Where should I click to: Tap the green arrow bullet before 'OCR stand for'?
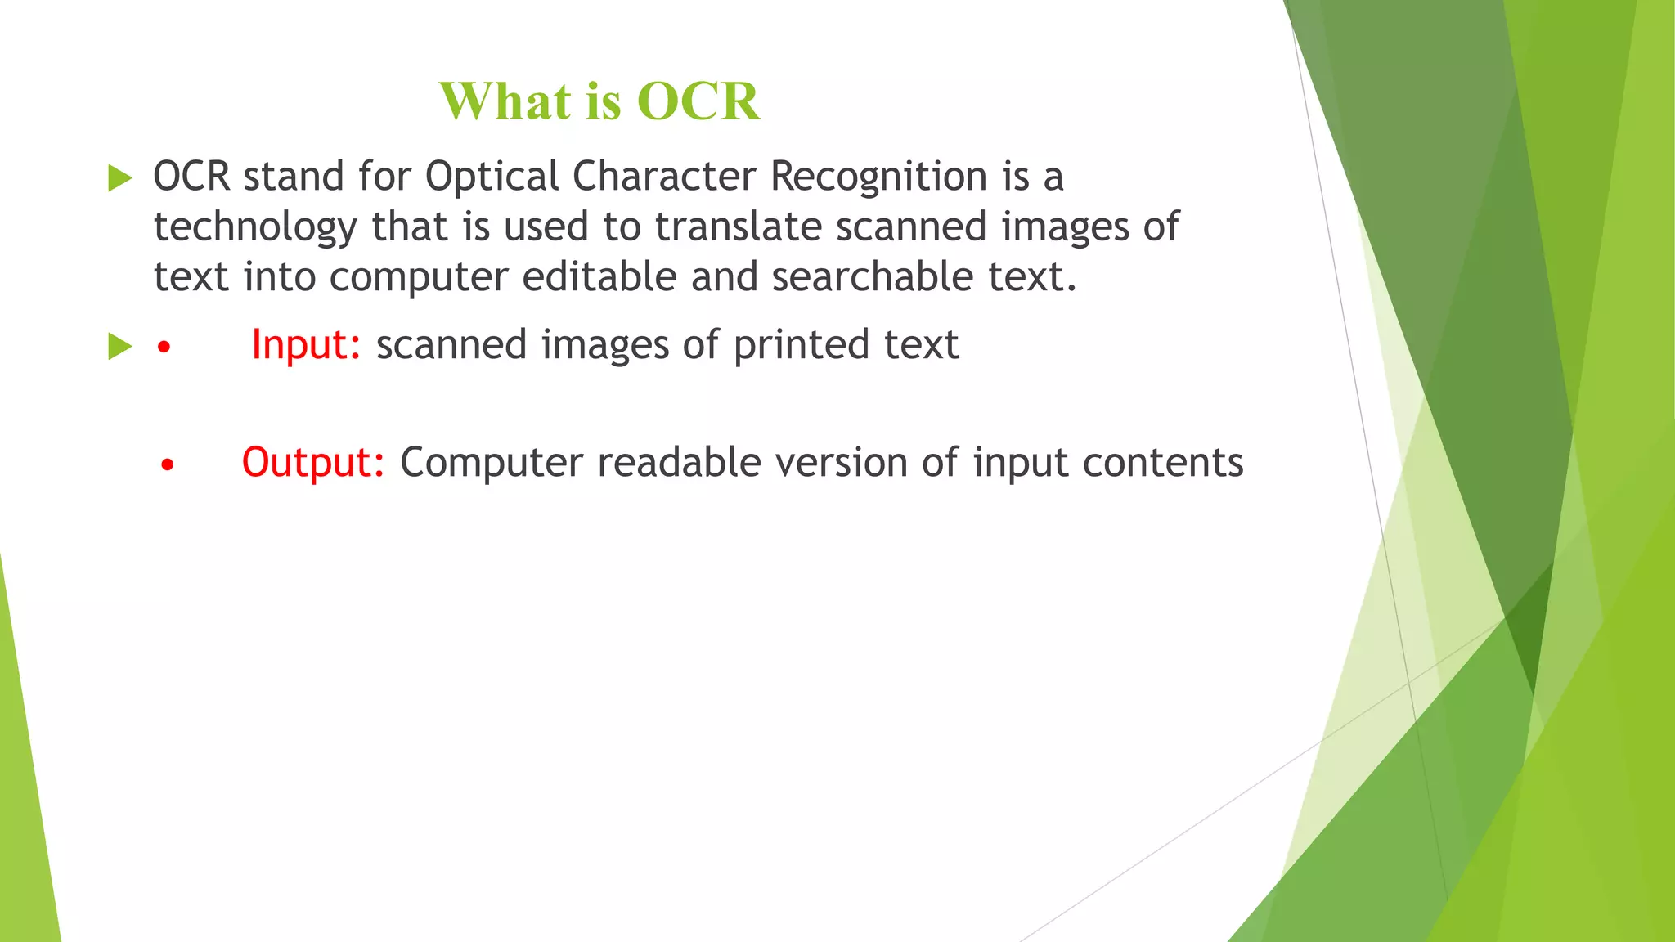[119, 177]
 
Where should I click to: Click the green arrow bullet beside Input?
[119, 346]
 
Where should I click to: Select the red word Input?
[306, 345]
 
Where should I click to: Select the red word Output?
[313, 463]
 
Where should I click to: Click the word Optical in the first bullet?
[492, 177]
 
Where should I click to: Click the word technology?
[255, 227]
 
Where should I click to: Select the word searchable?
[872, 276]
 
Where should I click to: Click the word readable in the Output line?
[679, 463]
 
